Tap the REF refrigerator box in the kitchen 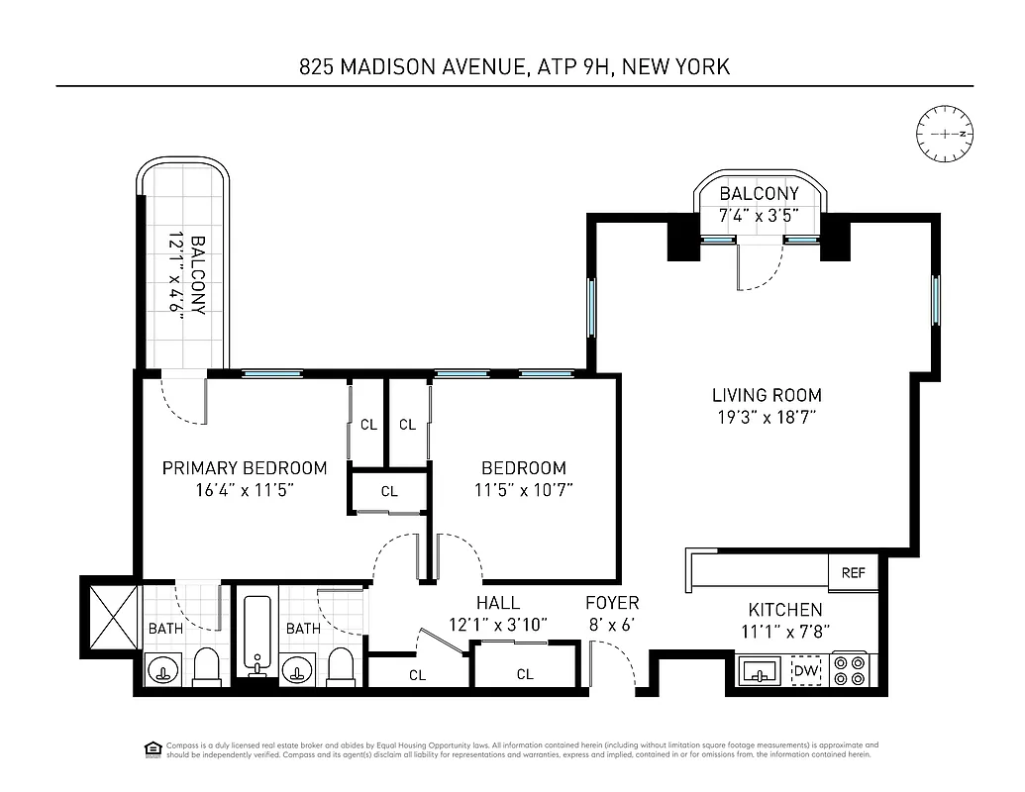[x=853, y=572]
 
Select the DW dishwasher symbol [x=806, y=672]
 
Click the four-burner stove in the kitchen [x=849, y=670]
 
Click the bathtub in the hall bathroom [x=256, y=634]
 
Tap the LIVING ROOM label [x=767, y=395]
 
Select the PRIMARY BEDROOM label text [x=244, y=468]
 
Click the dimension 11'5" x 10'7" [x=524, y=489]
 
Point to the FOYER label [x=612, y=603]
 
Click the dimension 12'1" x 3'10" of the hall [x=498, y=625]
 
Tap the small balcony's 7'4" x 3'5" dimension [x=759, y=215]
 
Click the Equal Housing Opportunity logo [x=154, y=747]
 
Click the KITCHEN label [x=784, y=610]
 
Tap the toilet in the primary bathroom [x=207, y=669]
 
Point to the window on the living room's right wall [x=935, y=305]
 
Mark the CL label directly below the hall [x=525, y=674]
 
